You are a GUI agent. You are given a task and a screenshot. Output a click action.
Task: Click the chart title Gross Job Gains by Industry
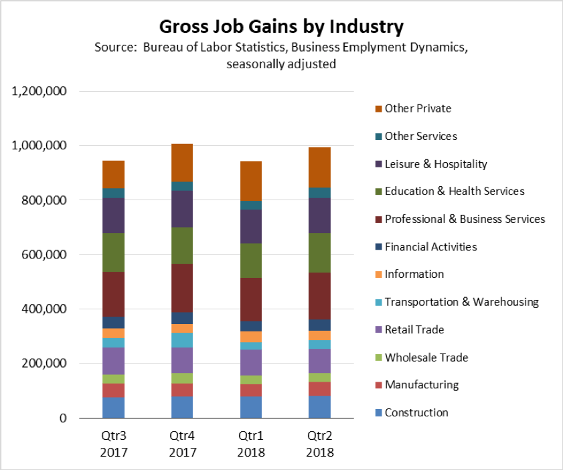pos(281,27)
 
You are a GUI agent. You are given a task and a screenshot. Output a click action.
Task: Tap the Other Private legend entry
pos(418,108)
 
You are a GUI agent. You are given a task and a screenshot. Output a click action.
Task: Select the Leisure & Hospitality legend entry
pos(436,164)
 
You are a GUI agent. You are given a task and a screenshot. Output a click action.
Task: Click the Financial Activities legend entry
pos(430,247)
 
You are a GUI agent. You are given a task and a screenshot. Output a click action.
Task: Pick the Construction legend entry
pos(416,412)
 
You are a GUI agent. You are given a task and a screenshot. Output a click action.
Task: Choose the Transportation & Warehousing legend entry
pos(461,302)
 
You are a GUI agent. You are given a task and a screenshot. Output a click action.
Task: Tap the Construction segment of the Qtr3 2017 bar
pos(113,408)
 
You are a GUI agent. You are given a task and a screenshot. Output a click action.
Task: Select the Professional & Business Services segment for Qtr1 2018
pos(250,299)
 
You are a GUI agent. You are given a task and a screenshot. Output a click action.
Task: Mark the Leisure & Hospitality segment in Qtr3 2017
pos(113,216)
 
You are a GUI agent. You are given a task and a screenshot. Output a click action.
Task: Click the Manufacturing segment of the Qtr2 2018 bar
pos(319,389)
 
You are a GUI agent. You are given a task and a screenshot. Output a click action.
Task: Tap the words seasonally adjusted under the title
pos(281,65)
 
